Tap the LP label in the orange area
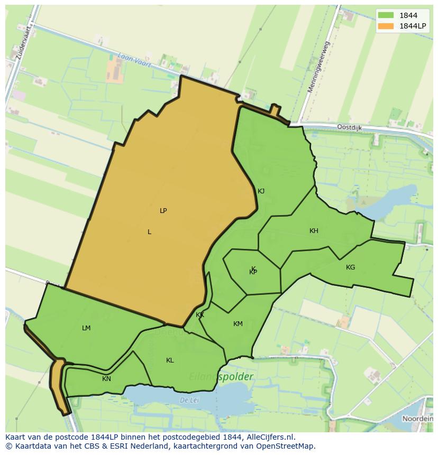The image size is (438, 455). coord(163,211)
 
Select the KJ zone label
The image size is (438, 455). coord(261,191)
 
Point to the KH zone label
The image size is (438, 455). coord(314,231)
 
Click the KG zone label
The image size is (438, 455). coord(350,267)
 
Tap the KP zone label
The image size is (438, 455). coord(253,272)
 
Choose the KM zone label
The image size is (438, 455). coord(238,324)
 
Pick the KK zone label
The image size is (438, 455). coord(200,315)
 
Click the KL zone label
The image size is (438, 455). coord(170,360)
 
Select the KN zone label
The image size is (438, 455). coord(106,379)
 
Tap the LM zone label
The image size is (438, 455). coord(86,328)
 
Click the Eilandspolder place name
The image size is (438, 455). coord(221,377)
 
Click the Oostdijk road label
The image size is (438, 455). coord(350,127)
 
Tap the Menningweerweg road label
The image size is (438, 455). coord(318,67)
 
